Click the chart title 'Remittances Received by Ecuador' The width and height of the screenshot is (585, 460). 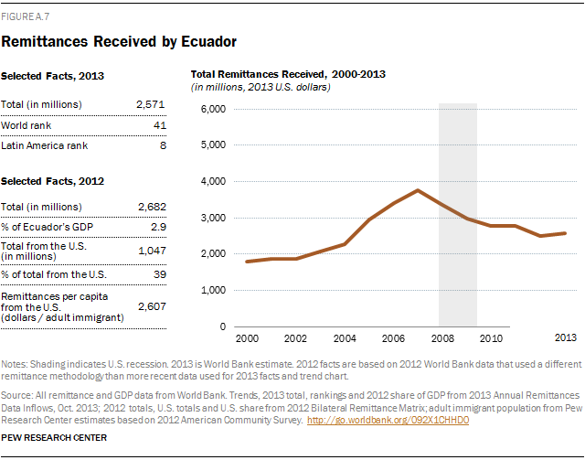click(121, 41)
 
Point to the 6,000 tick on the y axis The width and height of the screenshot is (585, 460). click(212, 110)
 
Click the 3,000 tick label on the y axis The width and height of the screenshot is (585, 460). click(212, 218)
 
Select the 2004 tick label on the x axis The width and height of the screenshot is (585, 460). click(346, 338)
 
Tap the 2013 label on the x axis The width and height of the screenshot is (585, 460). click(567, 338)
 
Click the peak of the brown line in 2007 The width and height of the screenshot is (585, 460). click(418, 190)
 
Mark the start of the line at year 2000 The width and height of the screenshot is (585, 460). click(247, 262)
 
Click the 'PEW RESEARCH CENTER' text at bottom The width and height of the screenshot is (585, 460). click(54, 438)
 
